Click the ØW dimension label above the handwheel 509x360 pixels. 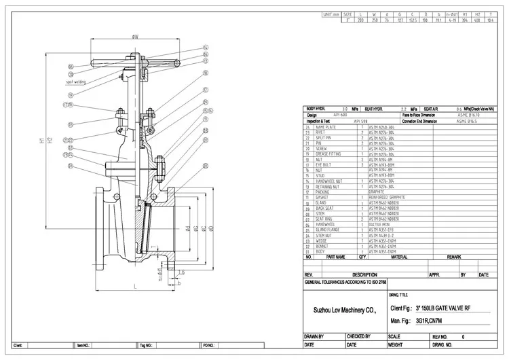point(136,37)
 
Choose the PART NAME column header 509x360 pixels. point(335,257)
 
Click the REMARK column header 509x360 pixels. point(454,257)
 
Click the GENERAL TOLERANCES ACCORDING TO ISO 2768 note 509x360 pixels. point(345,281)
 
